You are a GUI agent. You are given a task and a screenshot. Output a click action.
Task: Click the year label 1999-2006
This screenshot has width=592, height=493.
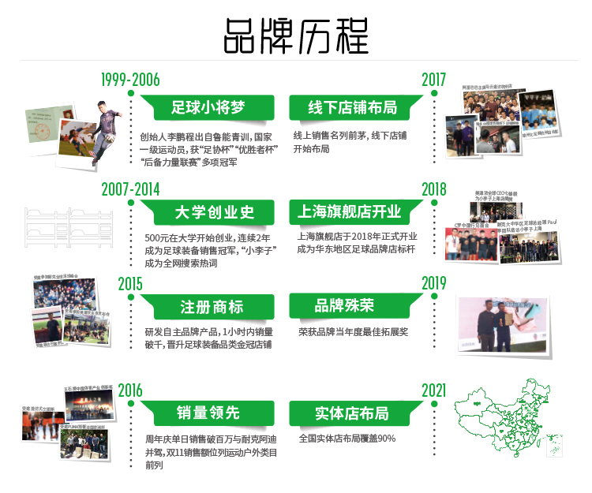130,80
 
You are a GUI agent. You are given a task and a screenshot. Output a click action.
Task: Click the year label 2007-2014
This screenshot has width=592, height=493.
130,189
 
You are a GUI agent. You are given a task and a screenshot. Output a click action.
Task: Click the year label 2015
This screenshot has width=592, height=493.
130,283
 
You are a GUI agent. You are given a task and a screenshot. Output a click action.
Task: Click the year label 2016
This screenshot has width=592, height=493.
130,390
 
